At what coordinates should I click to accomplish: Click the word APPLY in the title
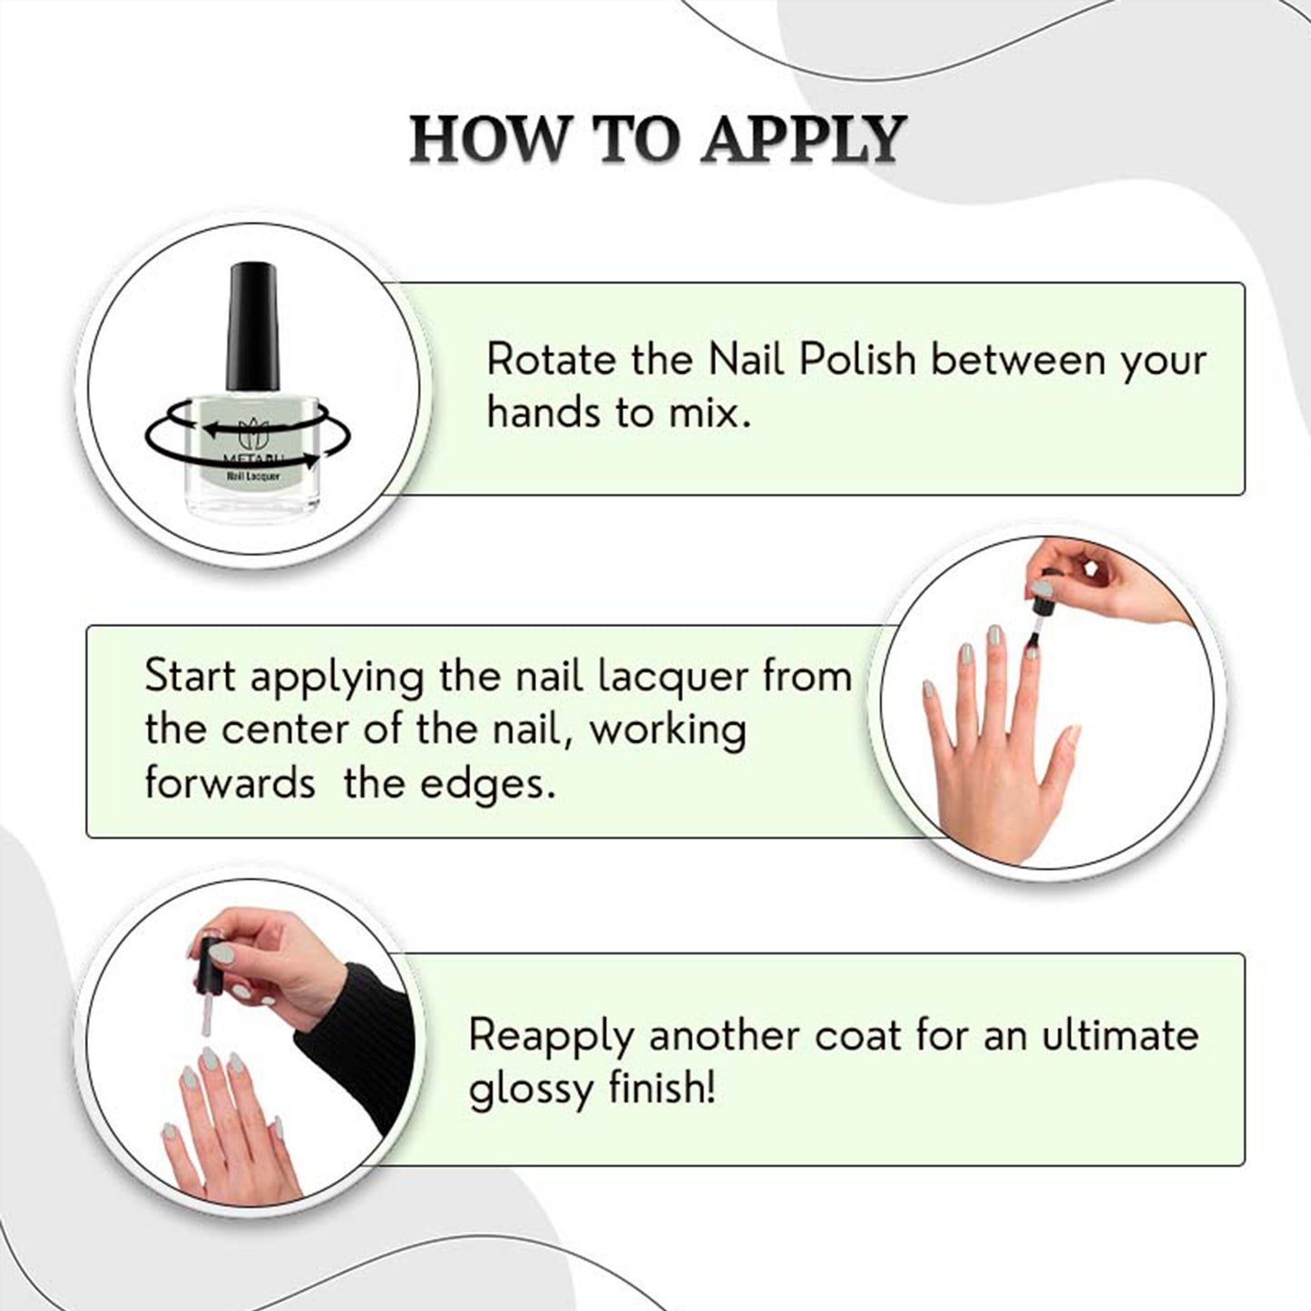click(803, 140)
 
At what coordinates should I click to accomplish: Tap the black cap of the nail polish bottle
click(253, 327)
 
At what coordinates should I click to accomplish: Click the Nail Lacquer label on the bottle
click(253, 476)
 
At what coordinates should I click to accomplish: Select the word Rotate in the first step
click(552, 360)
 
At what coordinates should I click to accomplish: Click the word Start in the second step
click(191, 677)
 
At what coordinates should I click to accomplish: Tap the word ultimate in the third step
click(1120, 1035)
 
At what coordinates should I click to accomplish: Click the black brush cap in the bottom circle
click(208, 964)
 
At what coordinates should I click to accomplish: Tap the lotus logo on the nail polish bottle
click(253, 434)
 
